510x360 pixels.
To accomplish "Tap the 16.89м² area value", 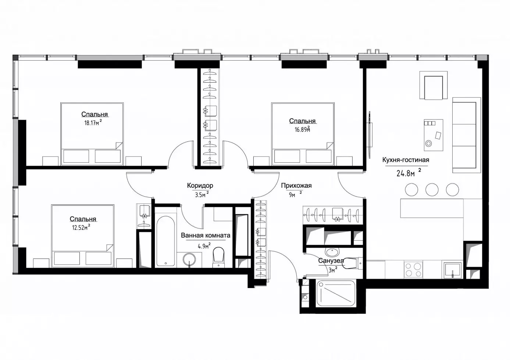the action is pos(302,130).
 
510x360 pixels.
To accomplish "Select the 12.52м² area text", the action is pos(81,227).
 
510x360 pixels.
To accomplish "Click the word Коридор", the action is pos(200,186).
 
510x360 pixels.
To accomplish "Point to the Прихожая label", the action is pos(296,186).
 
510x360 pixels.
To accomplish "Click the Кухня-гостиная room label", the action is pos(406,160).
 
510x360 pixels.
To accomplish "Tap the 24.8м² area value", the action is pos(409,173).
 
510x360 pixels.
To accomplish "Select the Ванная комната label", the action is pos(206,235).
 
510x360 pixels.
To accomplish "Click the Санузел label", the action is pos(331,261).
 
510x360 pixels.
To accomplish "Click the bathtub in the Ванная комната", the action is pos(166,241).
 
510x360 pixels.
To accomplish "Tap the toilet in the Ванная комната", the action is pos(218,257).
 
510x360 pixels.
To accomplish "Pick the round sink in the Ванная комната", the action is pos(189,259).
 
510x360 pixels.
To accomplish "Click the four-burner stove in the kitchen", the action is pos(413,270).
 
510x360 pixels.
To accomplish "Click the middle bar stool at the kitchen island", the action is pos(432,190).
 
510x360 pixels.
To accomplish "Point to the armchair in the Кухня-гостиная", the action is pos(434,85).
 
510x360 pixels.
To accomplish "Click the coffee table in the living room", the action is pos(434,135).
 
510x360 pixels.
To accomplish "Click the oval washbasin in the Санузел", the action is pos(332,252).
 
